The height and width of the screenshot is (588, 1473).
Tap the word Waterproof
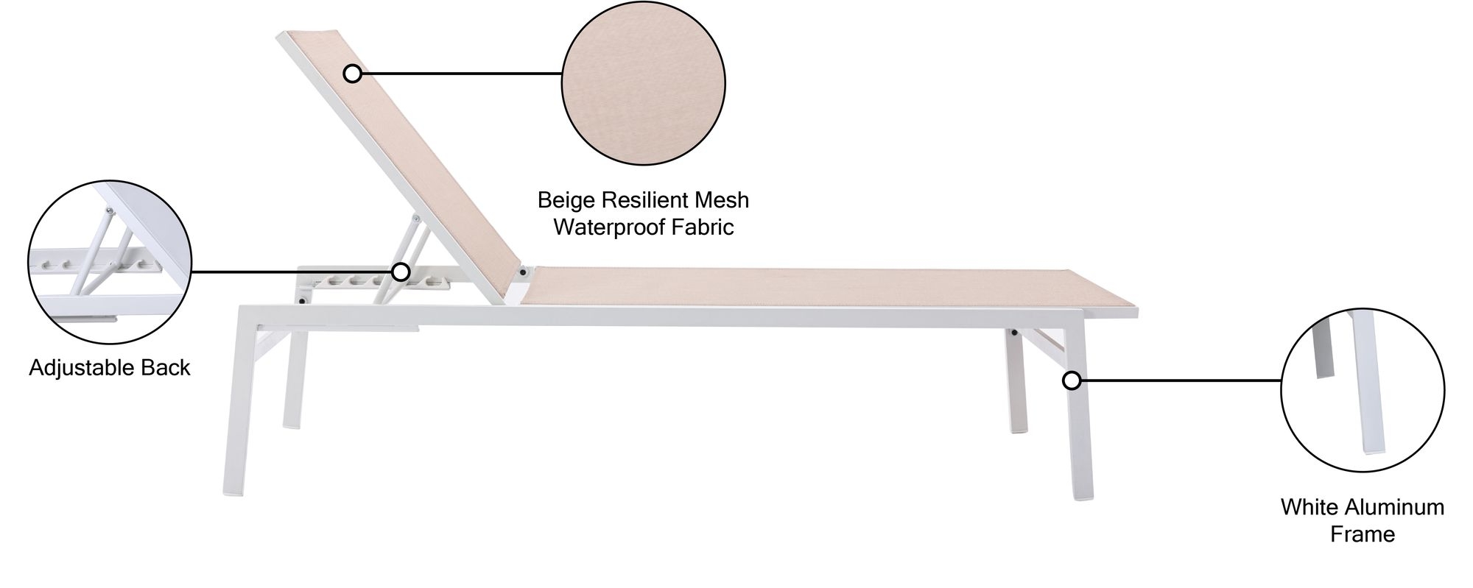610,227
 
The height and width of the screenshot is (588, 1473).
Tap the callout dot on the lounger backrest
353,74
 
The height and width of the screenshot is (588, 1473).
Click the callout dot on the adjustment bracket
401,272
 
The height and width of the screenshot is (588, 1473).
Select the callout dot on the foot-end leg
1072,380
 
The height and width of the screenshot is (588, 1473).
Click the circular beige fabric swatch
644,82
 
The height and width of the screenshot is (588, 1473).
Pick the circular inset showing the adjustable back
110,263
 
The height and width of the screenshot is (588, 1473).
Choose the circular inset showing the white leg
1363,390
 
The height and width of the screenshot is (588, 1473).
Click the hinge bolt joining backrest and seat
524,272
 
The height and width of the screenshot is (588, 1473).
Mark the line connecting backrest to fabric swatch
462,74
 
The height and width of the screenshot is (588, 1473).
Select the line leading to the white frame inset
1181,380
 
